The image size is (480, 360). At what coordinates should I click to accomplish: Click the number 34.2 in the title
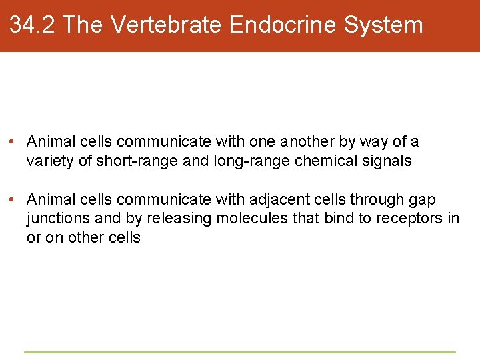tap(33, 25)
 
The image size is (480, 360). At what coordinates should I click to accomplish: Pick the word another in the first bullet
tap(307, 142)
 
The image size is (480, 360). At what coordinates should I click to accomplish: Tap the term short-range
tap(131, 161)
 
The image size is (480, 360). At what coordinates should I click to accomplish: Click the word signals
tap(389, 161)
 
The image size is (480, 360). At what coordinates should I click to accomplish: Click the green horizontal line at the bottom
tap(240, 351)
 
